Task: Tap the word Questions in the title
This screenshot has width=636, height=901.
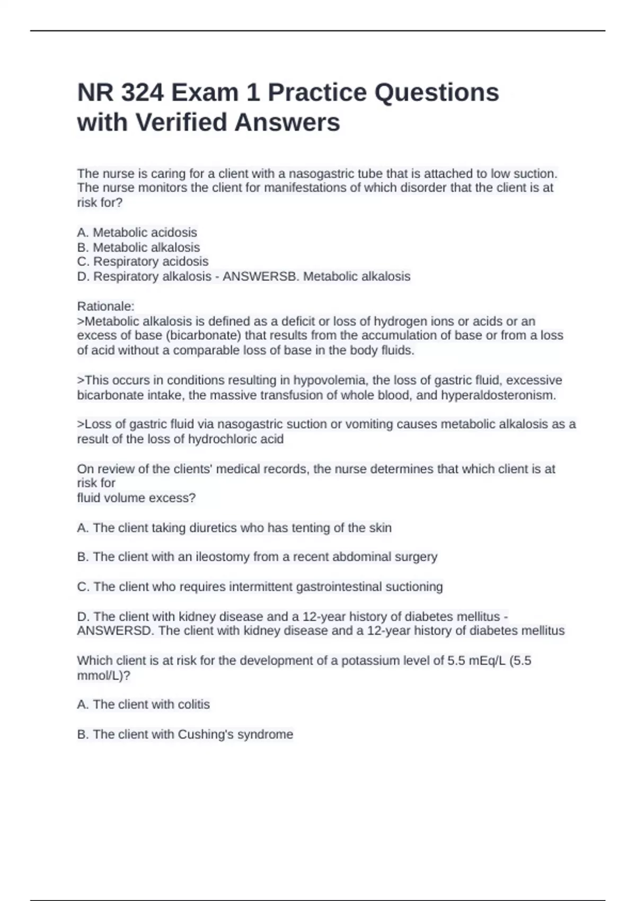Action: point(436,93)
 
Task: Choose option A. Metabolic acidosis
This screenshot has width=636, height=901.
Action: point(137,233)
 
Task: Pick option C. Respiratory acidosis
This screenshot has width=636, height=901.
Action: point(143,262)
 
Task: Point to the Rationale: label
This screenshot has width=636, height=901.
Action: point(105,306)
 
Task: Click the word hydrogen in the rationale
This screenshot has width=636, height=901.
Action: point(400,321)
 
